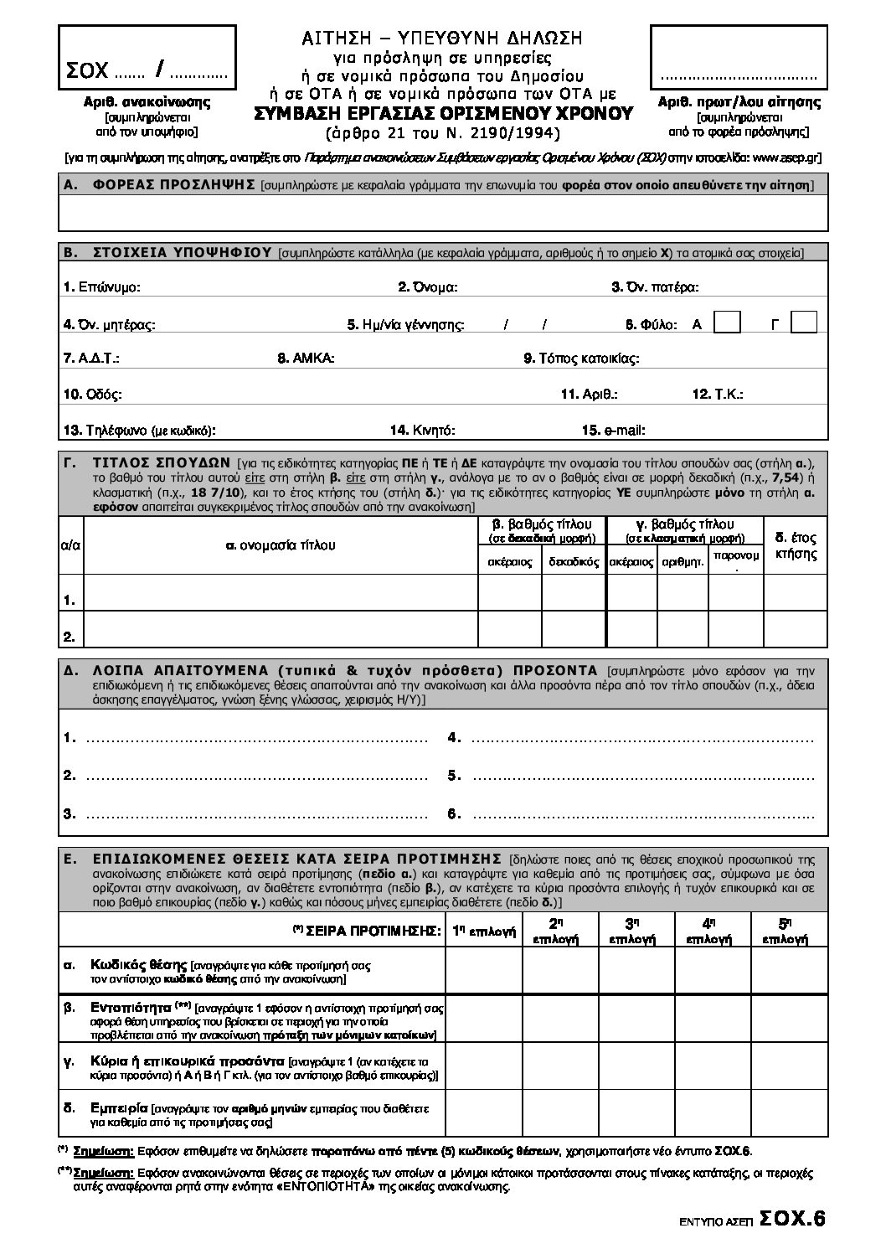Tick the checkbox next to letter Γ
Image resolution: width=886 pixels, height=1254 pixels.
tap(804, 323)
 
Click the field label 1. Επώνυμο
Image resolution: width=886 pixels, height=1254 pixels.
tap(101, 287)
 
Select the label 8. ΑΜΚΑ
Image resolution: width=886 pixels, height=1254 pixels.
tap(306, 359)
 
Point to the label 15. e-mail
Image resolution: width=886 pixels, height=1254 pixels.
tap(613, 431)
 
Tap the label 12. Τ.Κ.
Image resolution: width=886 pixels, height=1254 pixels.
tap(718, 394)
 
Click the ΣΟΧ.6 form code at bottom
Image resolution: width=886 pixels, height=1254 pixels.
tap(792, 1219)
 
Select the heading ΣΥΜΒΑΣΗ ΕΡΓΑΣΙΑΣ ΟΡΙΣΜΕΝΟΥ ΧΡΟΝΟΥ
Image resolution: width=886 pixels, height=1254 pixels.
tap(444, 115)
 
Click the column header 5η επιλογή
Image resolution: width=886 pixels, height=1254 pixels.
tap(784, 931)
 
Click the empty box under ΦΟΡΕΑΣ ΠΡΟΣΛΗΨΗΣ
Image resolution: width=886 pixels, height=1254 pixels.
tap(443, 213)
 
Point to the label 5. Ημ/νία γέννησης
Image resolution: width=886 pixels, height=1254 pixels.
tap(406, 324)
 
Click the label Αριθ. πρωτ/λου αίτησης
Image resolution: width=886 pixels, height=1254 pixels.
tap(739, 102)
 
